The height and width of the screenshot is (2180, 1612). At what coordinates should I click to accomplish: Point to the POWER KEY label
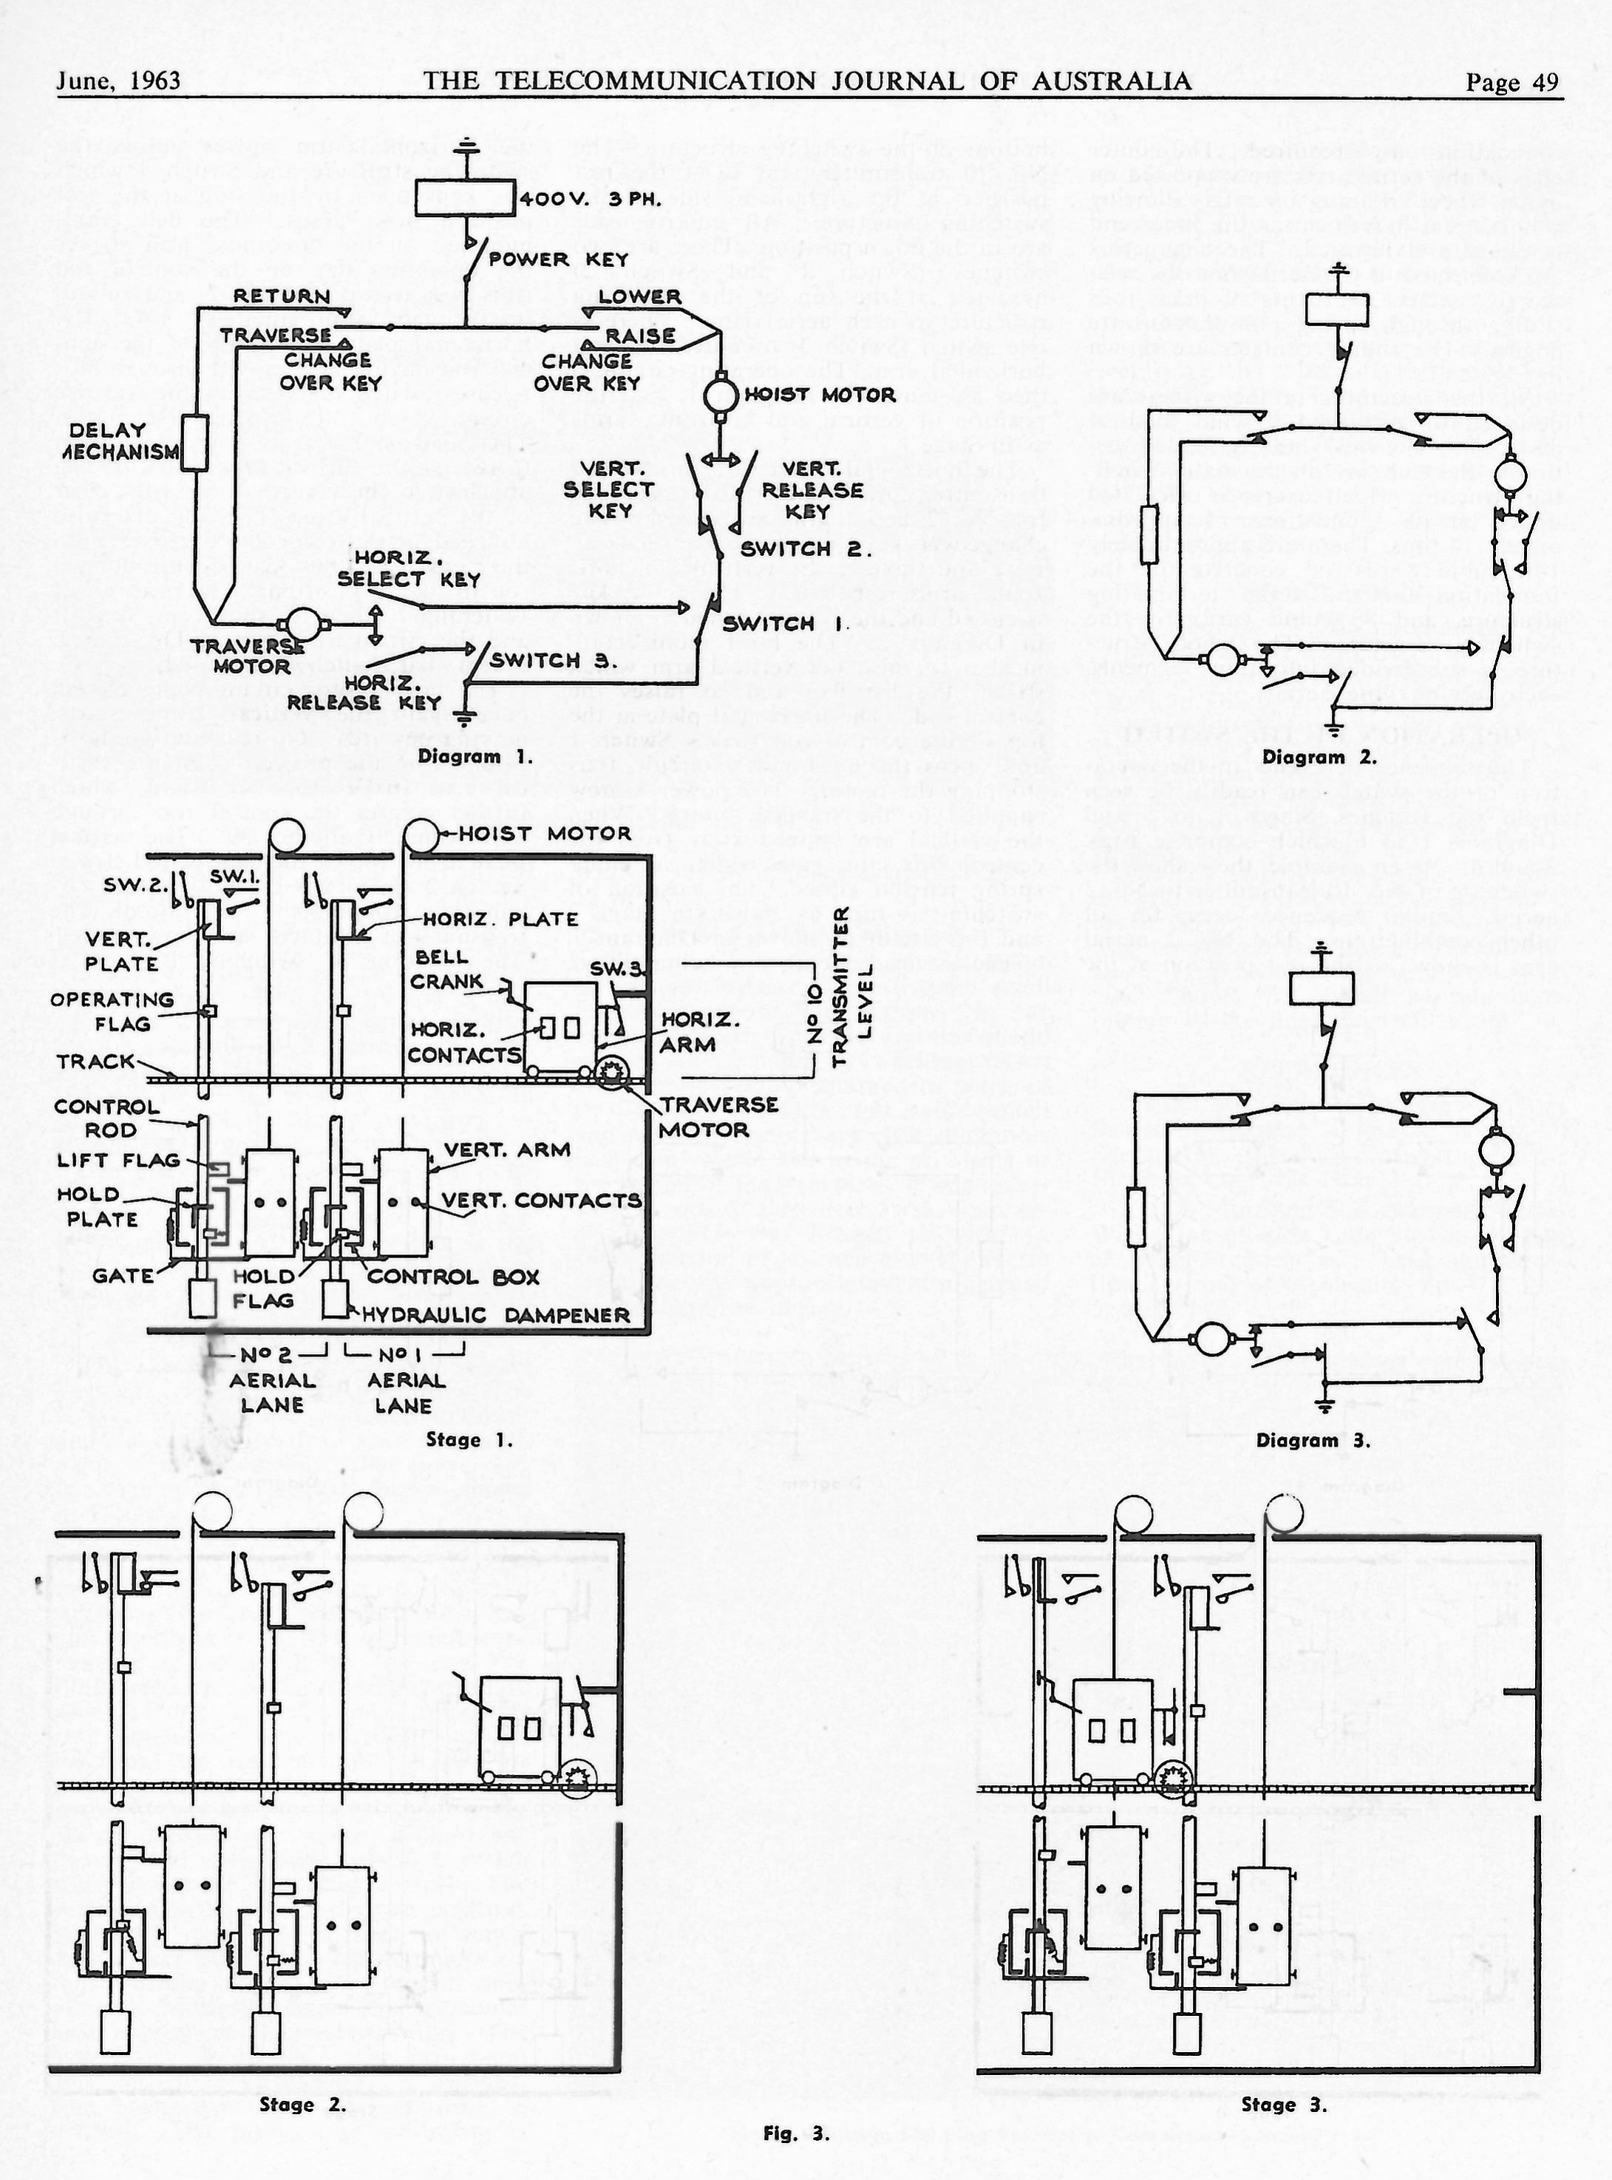(557, 259)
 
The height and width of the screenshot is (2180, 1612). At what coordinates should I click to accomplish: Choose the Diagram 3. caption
(1313, 1440)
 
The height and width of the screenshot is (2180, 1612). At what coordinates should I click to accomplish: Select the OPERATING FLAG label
(112, 1011)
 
